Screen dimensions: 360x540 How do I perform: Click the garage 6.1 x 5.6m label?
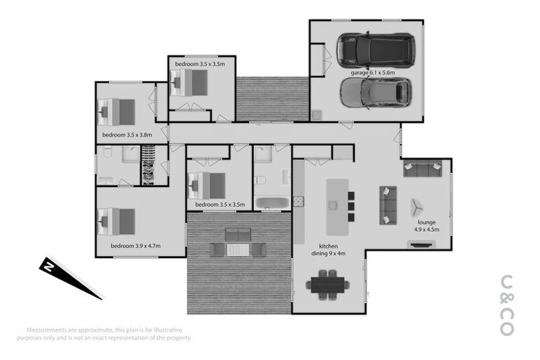coord(373,72)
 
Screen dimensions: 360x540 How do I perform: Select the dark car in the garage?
coord(375,49)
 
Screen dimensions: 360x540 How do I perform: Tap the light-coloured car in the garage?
coord(375,92)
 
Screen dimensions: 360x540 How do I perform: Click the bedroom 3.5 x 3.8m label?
coord(127,134)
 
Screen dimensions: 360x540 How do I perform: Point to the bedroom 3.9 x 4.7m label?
coord(136,246)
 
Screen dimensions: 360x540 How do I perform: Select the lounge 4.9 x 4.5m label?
coord(426,226)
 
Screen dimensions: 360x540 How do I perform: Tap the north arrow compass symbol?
coord(67,276)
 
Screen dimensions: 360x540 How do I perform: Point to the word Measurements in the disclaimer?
coord(48,330)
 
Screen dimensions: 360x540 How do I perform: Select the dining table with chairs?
coord(327,285)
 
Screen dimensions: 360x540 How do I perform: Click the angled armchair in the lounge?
coord(417,207)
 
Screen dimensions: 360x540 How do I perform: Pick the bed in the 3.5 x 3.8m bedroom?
coord(117,111)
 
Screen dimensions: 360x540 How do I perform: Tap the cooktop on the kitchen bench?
coord(298,201)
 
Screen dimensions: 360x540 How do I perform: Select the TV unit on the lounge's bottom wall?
coord(422,245)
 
